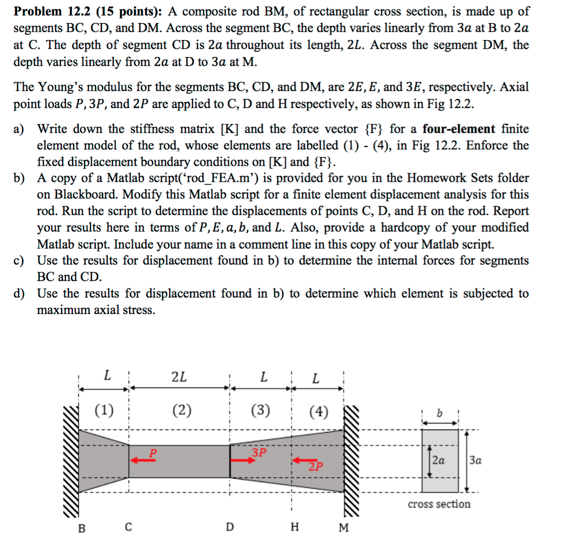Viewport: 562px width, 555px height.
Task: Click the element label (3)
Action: [x=260, y=410]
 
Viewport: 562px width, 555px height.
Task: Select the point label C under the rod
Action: [x=128, y=527]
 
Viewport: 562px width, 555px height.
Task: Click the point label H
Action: [x=295, y=528]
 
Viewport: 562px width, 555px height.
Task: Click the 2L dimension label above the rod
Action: [x=179, y=377]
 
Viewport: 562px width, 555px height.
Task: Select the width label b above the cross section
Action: [x=439, y=412]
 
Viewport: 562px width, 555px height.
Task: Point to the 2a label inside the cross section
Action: [x=439, y=461]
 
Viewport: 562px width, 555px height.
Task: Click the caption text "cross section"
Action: [x=439, y=504]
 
